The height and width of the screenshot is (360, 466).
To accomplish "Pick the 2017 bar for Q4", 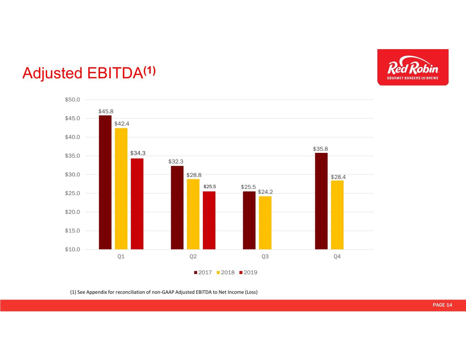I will point(321,201).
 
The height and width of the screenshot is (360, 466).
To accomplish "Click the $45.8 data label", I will point(106,111).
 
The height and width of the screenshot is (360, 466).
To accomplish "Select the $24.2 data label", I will point(265,192).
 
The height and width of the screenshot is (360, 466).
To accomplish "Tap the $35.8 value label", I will point(320,149).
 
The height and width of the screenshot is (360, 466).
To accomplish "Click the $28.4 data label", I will point(338,177).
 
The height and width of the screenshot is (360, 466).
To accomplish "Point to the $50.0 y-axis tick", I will point(72,100).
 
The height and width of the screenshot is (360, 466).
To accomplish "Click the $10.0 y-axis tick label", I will point(72,249).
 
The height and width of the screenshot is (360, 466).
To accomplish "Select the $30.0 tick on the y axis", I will point(72,174).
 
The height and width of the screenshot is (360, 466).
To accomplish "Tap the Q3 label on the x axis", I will point(265,256).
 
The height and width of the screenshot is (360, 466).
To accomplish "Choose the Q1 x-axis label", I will point(121,256).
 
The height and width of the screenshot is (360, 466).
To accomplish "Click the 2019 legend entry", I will point(248,272).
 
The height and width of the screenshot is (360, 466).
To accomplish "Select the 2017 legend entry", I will point(203,272).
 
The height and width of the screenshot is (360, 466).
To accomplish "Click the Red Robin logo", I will point(413,67).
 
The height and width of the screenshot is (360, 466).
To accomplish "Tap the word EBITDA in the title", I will point(115,73).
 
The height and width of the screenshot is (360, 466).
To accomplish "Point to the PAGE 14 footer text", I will point(442,305).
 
